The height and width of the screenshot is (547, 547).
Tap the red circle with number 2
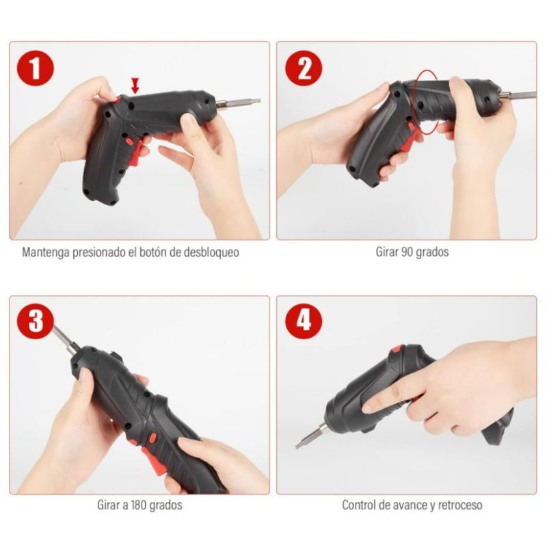click(304, 69)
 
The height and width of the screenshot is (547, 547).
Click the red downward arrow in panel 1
click(135, 85)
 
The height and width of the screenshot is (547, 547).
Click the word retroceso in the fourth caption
click(459, 506)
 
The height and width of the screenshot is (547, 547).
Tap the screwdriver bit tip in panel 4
click(302, 443)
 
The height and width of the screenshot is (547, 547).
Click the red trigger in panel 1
click(144, 144)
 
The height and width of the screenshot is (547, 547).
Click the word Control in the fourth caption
click(359, 506)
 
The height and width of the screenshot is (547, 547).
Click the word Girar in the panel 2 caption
click(386, 252)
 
